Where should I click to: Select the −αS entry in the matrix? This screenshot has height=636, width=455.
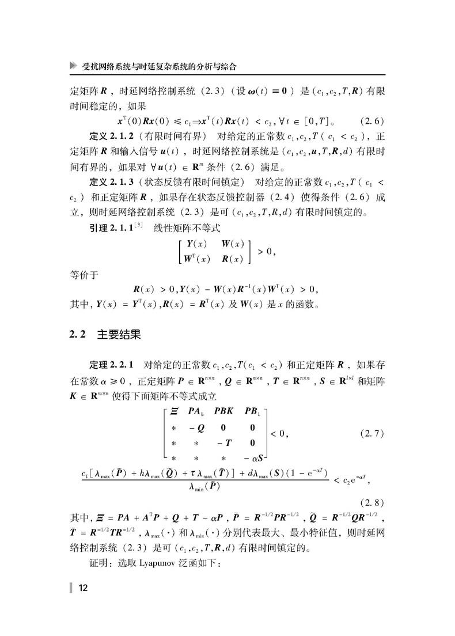click(252, 458)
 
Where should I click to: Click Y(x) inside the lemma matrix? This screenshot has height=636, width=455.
click(196, 243)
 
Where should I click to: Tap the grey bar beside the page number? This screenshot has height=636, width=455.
click(71, 588)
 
